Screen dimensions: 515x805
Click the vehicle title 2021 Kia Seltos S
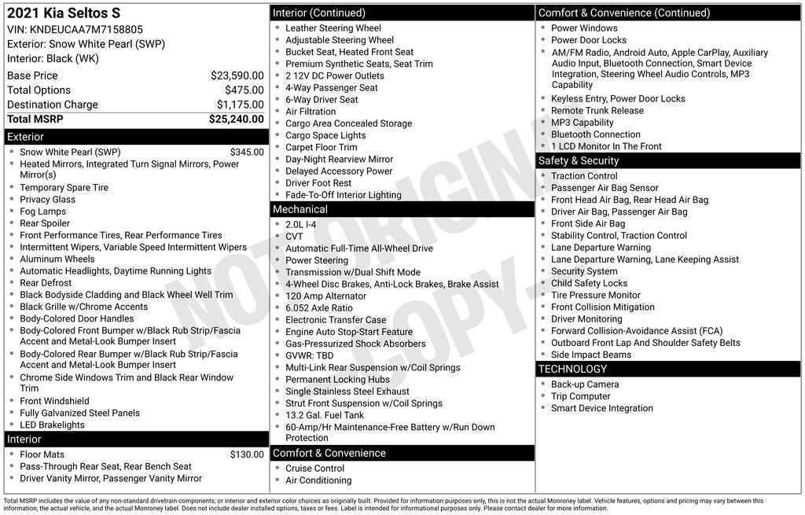point(64,13)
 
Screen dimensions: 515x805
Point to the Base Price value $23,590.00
point(237,75)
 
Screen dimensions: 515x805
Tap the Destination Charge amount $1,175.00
point(240,105)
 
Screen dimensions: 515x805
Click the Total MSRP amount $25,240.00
point(236,120)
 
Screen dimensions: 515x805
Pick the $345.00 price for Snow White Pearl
point(247,153)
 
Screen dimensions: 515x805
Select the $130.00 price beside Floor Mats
point(247,454)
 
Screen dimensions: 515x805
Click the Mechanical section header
point(300,209)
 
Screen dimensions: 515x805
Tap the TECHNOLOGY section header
point(572,369)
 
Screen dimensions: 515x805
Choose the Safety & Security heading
point(578,160)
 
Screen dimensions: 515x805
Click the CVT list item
point(294,237)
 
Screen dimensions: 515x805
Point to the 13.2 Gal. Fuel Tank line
point(325,415)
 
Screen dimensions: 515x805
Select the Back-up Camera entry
point(585,384)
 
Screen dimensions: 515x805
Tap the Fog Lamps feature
point(43,212)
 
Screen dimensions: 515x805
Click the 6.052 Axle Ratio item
point(319,308)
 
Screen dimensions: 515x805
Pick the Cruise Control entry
point(314,469)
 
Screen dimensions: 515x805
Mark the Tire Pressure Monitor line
point(595,296)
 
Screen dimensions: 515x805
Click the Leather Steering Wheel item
point(333,28)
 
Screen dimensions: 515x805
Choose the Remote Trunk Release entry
point(597,111)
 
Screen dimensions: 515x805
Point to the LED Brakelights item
point(52,425)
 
